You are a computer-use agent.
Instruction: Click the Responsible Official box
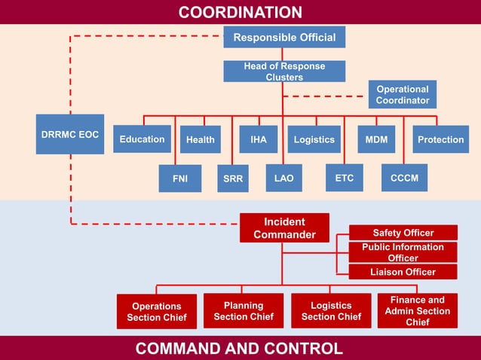(x=284, y=37)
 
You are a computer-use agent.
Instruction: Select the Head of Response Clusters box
(x=284, y=72)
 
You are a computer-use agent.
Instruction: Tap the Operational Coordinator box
(x=403, y=95)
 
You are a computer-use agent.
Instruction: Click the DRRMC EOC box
(x=69, y=134)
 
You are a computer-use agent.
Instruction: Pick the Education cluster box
(x=142, y=139)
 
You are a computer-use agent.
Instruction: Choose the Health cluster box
(x=200, y=139)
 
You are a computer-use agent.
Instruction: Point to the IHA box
(x=258, y=139)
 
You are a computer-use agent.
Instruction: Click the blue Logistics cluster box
(x=314, y=139)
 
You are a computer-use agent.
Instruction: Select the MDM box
(x=376, y=139)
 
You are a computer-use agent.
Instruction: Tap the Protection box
(x=440, y=139)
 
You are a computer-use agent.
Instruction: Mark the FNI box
(x=180, y=178)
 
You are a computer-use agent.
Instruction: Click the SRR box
(x=233, y=178)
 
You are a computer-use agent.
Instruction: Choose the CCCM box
(x=404, y=178)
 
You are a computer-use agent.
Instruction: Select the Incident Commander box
(x=284, y=228)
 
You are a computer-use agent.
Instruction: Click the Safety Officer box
(x=403, y=233)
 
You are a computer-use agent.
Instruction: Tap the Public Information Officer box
(x=403, y=252)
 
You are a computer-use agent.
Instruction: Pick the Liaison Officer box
(x=403, y=272)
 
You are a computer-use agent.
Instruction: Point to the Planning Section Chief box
(x=244, y=311)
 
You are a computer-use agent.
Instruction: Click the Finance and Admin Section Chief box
(x=417, y=310)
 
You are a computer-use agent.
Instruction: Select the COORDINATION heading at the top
(x=240, y=12)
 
